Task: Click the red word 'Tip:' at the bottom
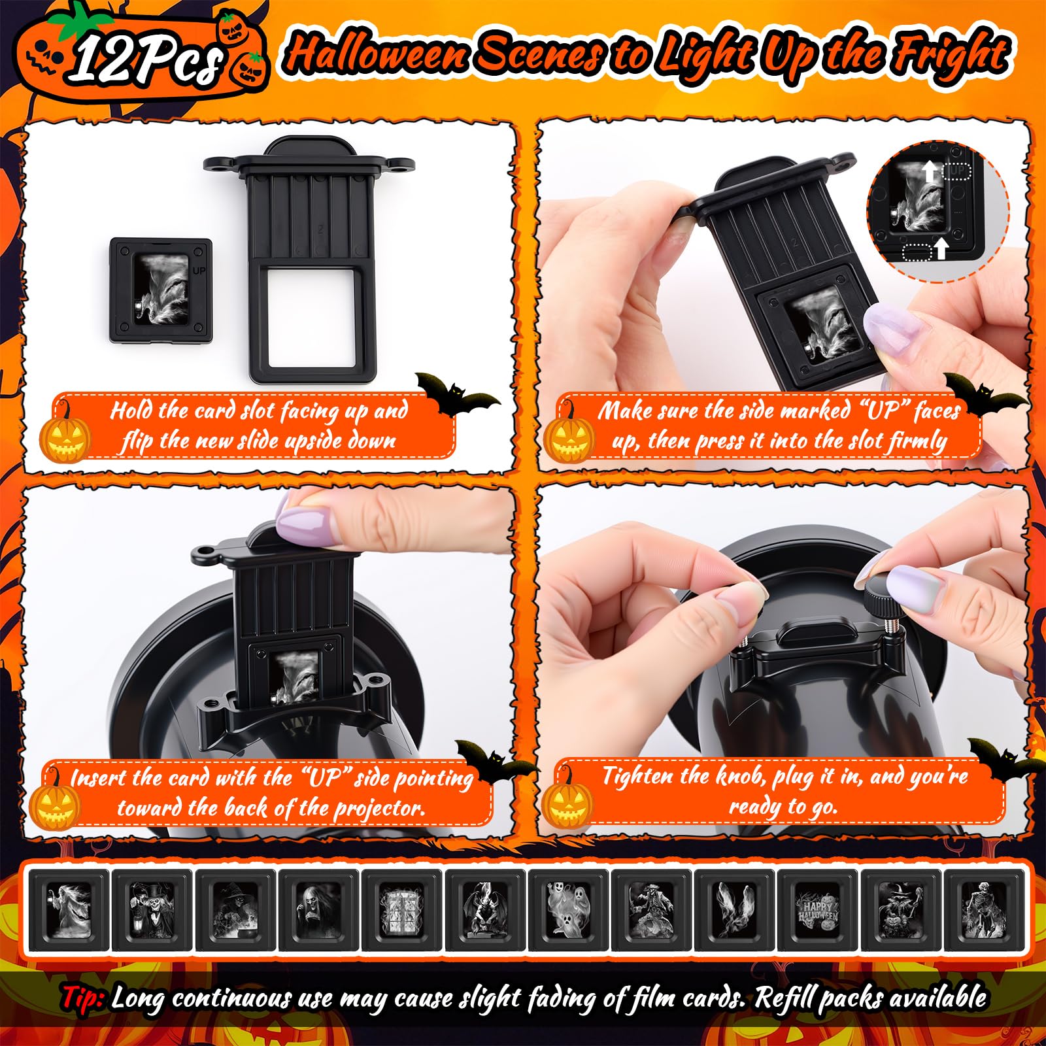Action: point(84,998)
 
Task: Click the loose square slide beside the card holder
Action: point(161,290)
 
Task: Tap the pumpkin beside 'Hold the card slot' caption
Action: point(65,437)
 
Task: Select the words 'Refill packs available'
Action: point(869,998)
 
